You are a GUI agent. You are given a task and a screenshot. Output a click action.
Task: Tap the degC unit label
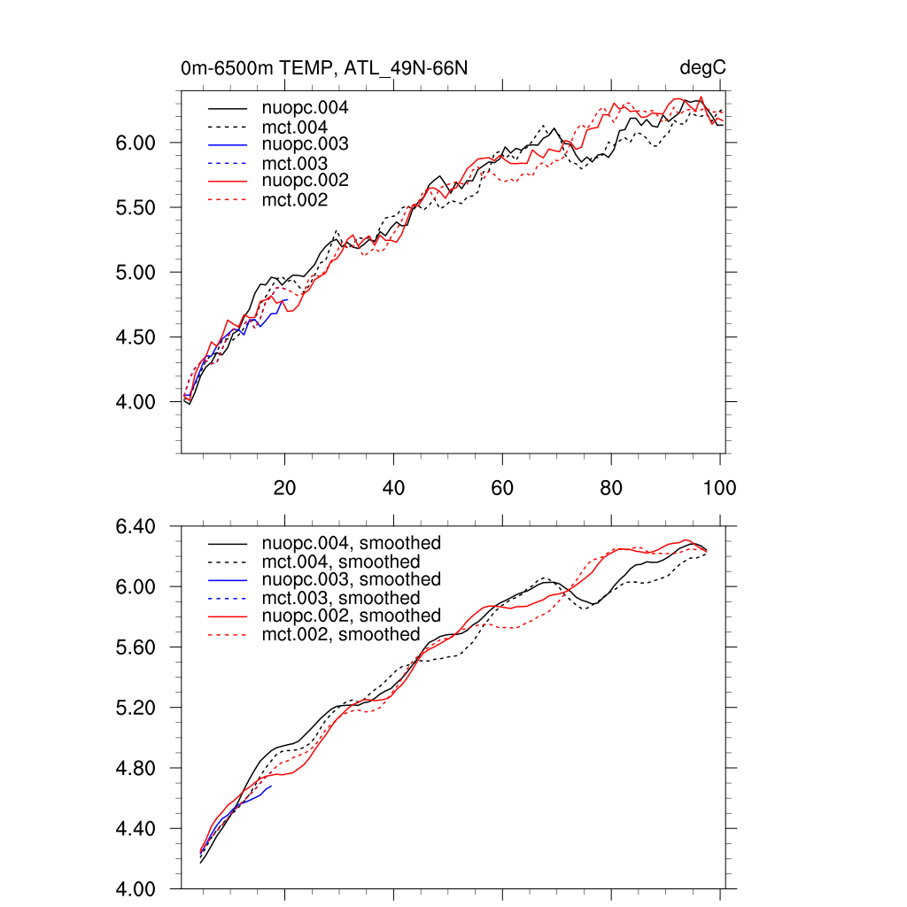[703, 68]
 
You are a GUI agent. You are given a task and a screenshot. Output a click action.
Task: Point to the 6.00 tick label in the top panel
[136, 143]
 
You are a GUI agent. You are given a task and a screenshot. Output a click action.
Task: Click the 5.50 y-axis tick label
[136, 208]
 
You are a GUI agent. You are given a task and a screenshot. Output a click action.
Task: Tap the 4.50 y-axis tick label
[136, 337]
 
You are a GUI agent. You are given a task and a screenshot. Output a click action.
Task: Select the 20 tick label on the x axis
[284, 488]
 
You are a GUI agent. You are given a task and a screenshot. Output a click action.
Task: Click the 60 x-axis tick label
[502, 488]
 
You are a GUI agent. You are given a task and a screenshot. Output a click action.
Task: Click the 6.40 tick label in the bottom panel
[136, 526]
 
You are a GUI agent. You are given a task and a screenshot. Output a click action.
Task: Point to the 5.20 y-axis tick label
[136, 708]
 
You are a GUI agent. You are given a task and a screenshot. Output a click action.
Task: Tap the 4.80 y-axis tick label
[136, 768]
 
